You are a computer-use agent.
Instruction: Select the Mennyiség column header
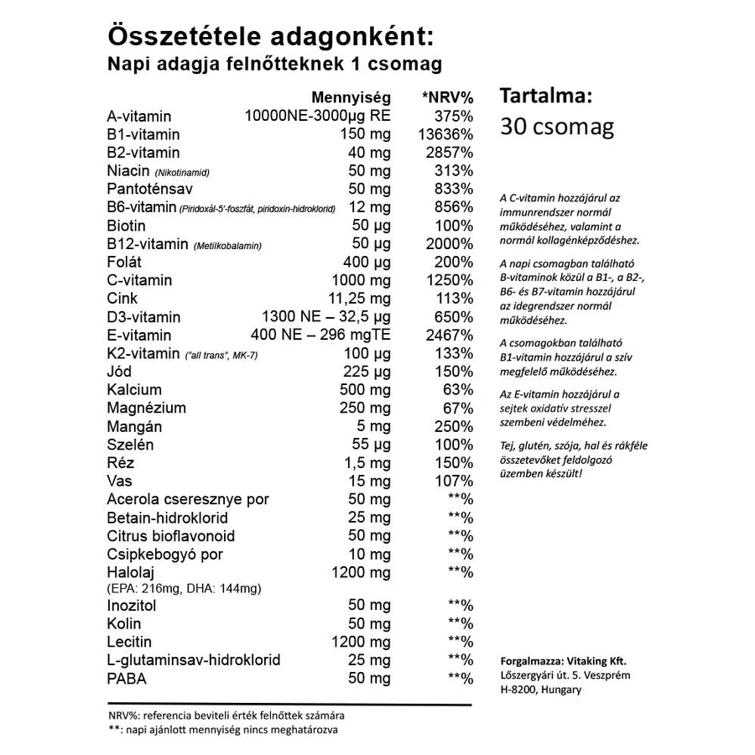tap(351, 97)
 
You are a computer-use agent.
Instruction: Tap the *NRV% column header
tap(447, 97)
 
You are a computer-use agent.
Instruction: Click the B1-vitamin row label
tap(143, 134)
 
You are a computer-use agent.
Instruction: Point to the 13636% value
tap(445, 134)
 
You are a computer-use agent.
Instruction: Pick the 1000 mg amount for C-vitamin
tap(359, 280)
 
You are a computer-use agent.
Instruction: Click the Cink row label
tap(122, 299)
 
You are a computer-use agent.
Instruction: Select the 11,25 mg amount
tap(358, 299)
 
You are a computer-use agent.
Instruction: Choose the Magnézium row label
tap(147, 408)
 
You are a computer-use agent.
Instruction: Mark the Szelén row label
tap(131, 445)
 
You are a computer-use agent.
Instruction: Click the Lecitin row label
tap(130, 642)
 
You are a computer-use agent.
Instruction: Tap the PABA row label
tap(127, 679)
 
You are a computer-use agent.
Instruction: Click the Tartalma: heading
tap(545, 95)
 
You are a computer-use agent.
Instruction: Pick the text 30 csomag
tap(557, 127)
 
